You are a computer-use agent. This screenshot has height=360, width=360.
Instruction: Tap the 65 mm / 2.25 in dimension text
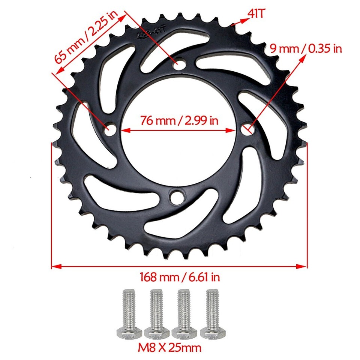point(87,37)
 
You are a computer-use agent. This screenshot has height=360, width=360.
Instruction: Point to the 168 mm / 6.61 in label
point(180,277)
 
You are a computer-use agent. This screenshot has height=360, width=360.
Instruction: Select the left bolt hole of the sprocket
point(110,129)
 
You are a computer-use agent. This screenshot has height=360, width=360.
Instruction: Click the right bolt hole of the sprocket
point(246,129)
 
